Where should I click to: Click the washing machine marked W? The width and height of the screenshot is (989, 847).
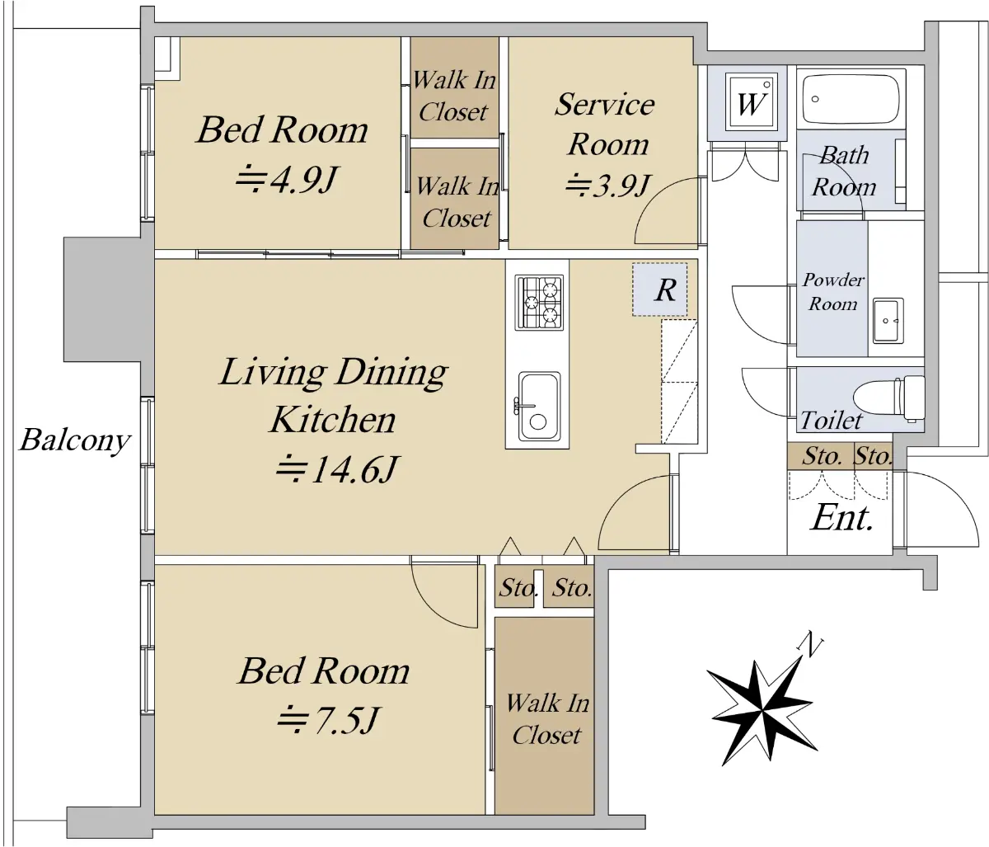(750, 102)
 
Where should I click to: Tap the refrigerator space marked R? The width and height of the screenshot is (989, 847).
(660, 289)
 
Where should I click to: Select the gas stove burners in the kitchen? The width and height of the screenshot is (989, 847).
(539, 303)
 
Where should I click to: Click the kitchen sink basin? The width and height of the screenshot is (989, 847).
(540, 407)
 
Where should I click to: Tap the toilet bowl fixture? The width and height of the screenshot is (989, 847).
(888, 399)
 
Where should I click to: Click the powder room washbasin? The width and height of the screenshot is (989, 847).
(888, 320)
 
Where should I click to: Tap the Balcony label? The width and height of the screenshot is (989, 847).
(75, 440)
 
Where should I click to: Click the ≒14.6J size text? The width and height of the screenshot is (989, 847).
(336, 469)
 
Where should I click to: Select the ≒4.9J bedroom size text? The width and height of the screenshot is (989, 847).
(286, 180)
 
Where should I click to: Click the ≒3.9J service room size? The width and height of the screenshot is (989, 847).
(608, 186)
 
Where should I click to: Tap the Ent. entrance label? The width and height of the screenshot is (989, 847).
(842, 518)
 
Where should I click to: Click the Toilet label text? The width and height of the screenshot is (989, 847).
(831, 421)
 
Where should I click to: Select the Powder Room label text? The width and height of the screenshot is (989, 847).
(833, 292)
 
